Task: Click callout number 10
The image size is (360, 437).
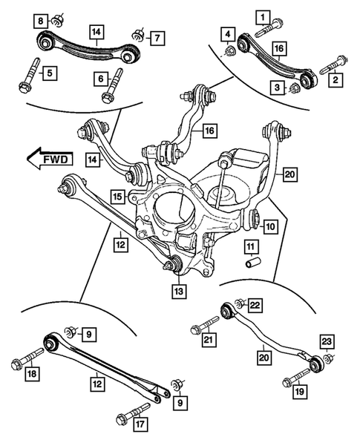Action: tap(271, 226)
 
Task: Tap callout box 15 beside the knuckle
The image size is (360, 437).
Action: tap(118, 197)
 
